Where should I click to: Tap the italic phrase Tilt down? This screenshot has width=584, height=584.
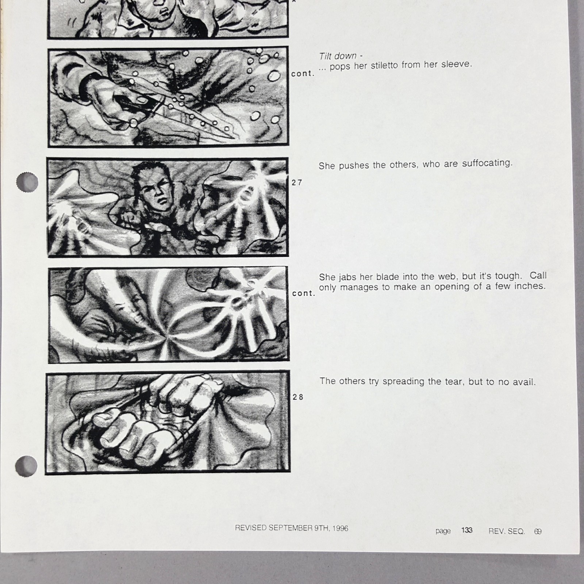coord(338,56)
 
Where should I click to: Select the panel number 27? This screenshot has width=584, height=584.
coord(297,182)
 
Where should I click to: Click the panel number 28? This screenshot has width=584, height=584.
coord(298,397)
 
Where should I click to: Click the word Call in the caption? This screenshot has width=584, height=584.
coord(538,275)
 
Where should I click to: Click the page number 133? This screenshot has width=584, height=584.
coord(466,530)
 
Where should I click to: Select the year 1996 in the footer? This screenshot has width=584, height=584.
coord(340,528)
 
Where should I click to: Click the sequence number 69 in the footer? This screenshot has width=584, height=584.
coord(538,531)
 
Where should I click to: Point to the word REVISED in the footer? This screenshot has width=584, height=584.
coord(251,528)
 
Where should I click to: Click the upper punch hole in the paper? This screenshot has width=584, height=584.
coord(27,181)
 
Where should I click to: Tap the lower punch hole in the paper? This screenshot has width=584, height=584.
coord(26,466)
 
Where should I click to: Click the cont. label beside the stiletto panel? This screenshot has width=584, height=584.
coord(303,74)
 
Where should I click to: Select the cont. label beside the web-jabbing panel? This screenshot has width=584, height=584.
coord(303,293)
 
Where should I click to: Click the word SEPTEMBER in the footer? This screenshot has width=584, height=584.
coord(291,528)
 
